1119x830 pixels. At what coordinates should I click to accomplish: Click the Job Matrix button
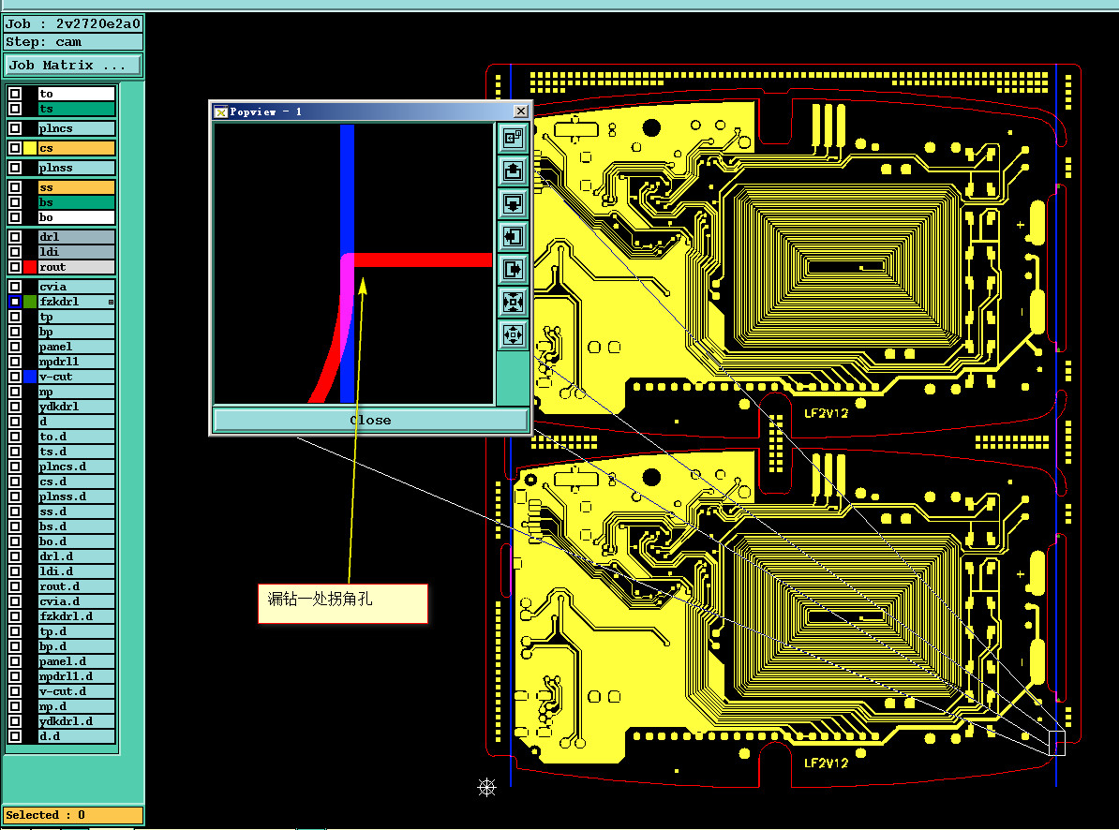[73, 66]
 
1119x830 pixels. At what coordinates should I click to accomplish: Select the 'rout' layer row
[76, 267]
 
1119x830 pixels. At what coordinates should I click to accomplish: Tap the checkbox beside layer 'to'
[15, 94]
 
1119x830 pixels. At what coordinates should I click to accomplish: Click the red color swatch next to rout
[30, 267]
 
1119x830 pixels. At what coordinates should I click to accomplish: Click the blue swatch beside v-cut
[30, 377]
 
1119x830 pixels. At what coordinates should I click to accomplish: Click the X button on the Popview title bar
[521, 111]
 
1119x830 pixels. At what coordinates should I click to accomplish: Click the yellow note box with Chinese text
[343, 603]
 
